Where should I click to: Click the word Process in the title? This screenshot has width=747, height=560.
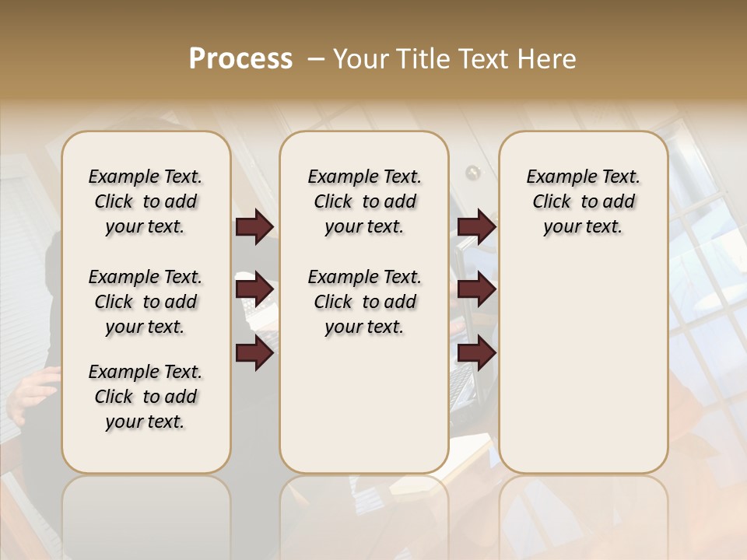point(240,59)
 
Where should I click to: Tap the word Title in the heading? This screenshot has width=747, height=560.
point(423,59)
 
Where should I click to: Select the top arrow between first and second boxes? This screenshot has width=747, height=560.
point(254,227)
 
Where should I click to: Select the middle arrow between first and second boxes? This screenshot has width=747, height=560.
point(254,290)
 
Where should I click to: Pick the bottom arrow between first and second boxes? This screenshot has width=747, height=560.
point(254,353)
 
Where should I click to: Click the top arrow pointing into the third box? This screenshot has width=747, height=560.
point(476,227)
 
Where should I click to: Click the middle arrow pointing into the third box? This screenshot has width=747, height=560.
point(476,290)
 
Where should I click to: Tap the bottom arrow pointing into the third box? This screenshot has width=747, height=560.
point(476,353)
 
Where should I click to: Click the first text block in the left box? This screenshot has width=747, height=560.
point(146,201)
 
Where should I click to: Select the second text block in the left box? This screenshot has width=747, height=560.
point(146,302)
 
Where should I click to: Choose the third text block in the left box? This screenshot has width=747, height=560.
point(146,397)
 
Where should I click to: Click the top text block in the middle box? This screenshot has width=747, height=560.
point(364,201)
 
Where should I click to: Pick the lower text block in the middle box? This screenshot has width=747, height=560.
point(364,302)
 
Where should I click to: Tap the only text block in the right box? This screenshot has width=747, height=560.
point(583,201)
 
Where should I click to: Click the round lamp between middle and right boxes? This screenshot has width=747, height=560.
point(472,172)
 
